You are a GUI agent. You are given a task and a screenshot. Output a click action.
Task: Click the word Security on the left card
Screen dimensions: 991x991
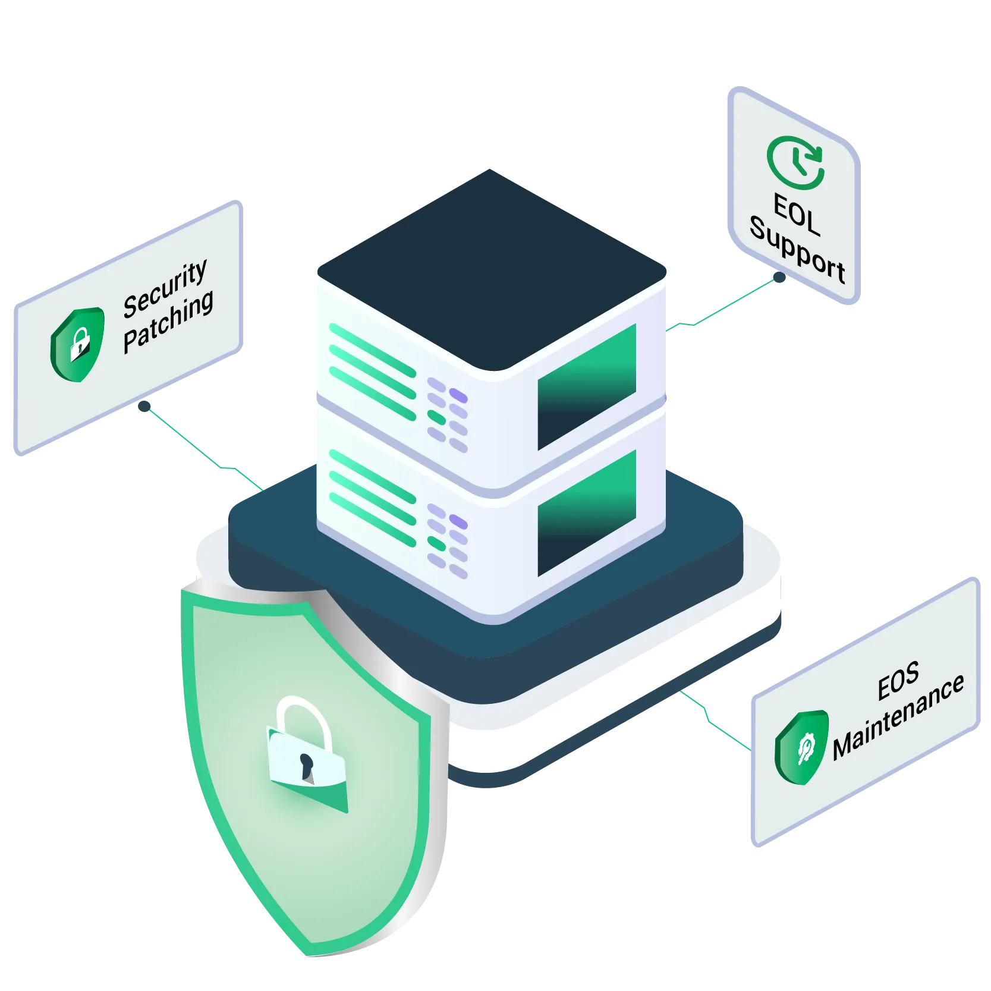[165, 290]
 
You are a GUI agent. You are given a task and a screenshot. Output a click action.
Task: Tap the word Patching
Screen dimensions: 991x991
[168, 323]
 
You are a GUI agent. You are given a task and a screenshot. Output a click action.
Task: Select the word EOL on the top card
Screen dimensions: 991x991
[797, 215]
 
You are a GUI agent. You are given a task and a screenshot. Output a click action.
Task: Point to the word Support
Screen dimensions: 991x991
[797, 253]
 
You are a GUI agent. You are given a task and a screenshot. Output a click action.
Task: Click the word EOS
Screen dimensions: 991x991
[898, 681]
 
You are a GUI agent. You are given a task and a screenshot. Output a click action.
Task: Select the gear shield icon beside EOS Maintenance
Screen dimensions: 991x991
[802, 745]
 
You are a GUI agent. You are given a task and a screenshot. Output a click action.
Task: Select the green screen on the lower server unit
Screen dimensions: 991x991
[587, 512]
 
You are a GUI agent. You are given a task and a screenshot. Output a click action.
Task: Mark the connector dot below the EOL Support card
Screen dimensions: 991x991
[778, 276]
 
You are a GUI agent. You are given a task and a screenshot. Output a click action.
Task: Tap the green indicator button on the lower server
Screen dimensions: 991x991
[437, 543]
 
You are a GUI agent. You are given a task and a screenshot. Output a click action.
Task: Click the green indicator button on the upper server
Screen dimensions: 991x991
[437, 417]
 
